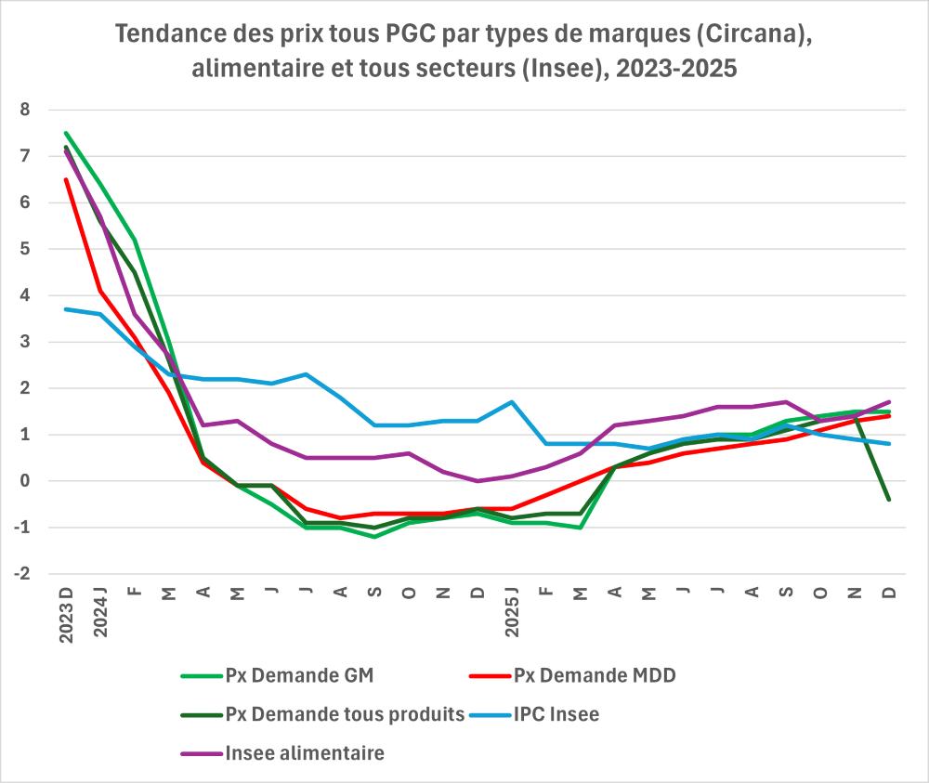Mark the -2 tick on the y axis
(x=22, y=574)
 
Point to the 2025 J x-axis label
(x=512, y=613)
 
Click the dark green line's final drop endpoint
(x=889, y=500)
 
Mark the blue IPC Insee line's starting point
(x=66, y=309)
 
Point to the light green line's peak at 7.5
(x=66, y=133)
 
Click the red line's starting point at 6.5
(x=66, y=179)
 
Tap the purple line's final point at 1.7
(x=889, y=402)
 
